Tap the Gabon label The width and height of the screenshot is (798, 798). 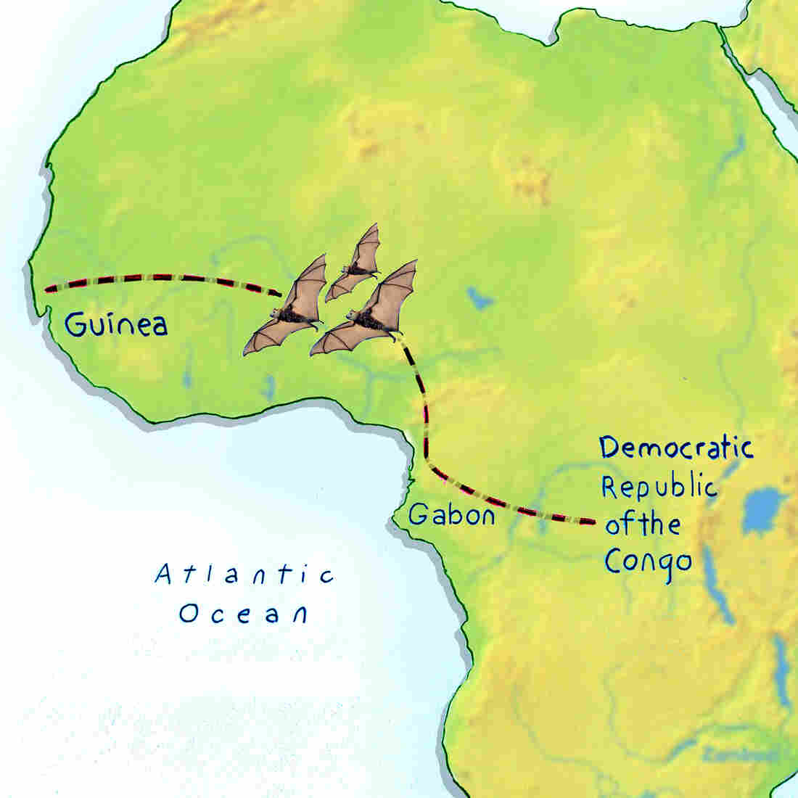pyautogui.click(x=451, y=514)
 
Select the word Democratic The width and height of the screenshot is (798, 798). pyautogui.click(x=676, y=448)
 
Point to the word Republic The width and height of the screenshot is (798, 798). pyautogui.click(x=659, y=487)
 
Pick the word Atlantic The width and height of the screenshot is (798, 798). pyautogui.click(x=245, y=575)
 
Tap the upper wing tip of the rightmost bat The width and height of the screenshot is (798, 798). pyautogui.click(x=414, y=262)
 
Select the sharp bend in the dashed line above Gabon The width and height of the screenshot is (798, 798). pyautogui.click(x=427, y=461)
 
